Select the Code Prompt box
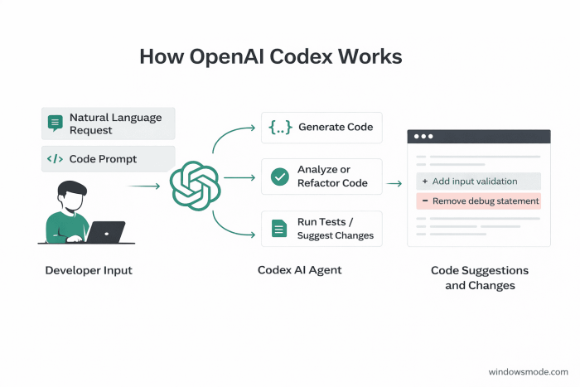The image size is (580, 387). click(108, 158)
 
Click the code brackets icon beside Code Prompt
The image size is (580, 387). click(56, 158)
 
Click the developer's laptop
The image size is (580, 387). click(105, 232)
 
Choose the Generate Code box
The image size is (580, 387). click(321, 127)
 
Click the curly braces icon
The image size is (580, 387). click(279, 127)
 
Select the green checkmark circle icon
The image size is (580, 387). click(279, 177)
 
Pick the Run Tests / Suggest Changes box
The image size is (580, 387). click(321, 229)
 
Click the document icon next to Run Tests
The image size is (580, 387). click(279, 228)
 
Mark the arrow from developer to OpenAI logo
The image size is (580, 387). click(144, 186)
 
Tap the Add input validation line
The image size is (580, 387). click(478, 181)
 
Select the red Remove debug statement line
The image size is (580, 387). click(478, 201)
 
